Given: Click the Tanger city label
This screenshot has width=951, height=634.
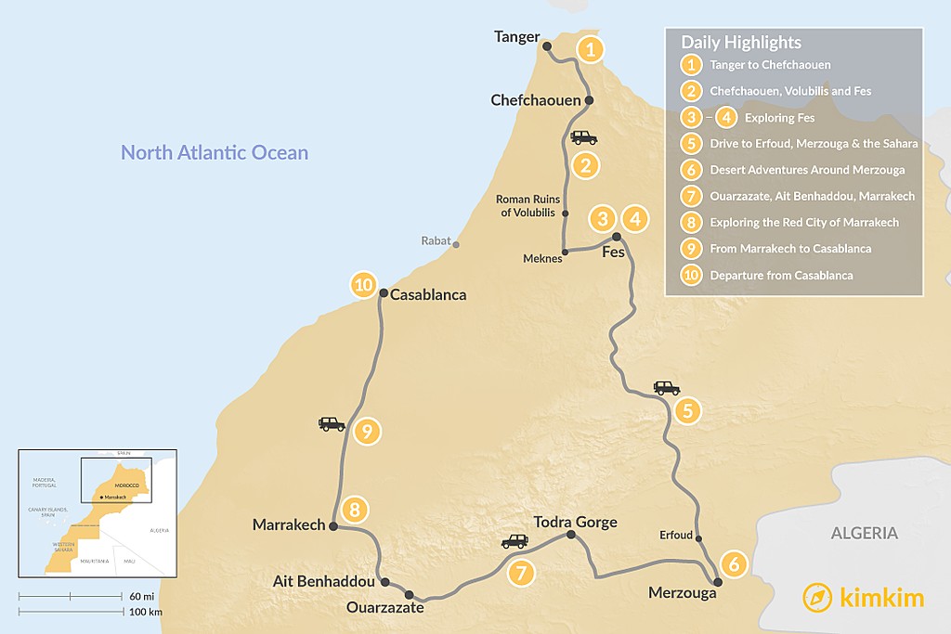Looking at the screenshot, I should pyautogui.click(x=517, y=37).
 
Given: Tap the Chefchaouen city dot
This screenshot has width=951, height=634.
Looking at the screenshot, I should pyautogui.click(x=589, y=100).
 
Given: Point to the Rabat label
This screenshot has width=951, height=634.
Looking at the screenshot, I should pyautogui.click(x=436, y=241).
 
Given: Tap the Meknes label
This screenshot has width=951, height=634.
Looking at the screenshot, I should pyautogui.click(x=541, y=258).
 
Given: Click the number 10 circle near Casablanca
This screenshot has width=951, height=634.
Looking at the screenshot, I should pyautogui.click(x=362, y=284).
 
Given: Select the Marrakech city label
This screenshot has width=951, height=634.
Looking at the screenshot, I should pyautogui.click(x=289, y=525).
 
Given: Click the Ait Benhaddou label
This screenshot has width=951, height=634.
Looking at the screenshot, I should pyautogui.click(x=325, y=582).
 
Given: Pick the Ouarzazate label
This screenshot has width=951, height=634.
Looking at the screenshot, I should pyautogui.click(x=384, y=607).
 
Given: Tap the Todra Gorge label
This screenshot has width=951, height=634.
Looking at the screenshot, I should pyautogui.click(x=576, y=522).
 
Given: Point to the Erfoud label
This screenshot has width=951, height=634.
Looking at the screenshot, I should pyautogui.click(x=675, y=535).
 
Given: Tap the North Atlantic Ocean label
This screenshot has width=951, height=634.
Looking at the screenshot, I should pyautogui.click(x=215, y=152).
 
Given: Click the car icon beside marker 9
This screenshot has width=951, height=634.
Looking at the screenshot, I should pyautogui.click(x=332, y=424).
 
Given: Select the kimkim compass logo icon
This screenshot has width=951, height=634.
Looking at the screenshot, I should pyautogui.click(x=817, y=597).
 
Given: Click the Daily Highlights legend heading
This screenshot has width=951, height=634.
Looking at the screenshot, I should pyautogui.click(x=741, y=43).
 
